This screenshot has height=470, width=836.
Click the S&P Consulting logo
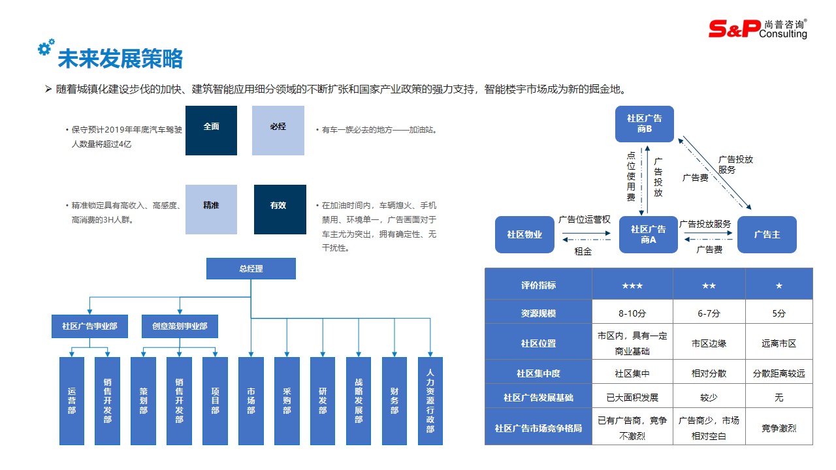point(758,29)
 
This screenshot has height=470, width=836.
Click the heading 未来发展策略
point(120,59)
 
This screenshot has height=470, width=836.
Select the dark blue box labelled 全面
point(211,131)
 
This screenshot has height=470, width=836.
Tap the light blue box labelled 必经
point(278,131)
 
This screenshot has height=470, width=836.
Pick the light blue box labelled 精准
point(211,209)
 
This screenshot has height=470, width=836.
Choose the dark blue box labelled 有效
point(280,209)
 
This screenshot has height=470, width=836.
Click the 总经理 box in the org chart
point(251,268)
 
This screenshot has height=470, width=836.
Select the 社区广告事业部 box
point(89,326)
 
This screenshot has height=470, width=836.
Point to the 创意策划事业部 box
point(180,326)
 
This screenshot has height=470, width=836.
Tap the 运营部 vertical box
point(72,401)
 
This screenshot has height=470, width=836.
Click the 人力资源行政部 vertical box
point(430,401)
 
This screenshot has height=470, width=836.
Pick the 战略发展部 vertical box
point(359,401)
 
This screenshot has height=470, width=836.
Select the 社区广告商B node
point(644,124)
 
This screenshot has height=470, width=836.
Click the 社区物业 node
point(524,234)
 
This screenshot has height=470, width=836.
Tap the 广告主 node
point(767,234)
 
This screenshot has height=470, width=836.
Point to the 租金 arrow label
point(583,251)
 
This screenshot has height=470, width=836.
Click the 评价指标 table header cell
point(538,285)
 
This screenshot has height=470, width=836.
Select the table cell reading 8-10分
point(632,313)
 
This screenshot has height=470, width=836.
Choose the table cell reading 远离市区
point(779,343)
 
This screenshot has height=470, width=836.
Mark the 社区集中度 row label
point(538,373)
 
